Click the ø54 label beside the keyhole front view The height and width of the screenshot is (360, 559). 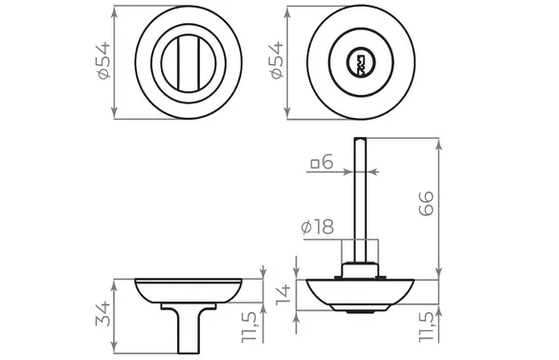[x=277, y=60]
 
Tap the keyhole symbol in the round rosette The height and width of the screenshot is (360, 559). [x=361, y=63]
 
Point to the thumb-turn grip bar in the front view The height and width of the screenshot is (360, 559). [x=189, y=63]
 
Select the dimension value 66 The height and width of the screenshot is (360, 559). [x=426, y=204]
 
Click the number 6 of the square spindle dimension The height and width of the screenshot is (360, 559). [x=327, y=162]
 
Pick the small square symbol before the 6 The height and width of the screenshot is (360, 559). [x=315, y=164]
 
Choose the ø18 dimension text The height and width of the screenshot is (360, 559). [x=317, y=227]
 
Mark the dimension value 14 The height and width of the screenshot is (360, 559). [x=284, y=295]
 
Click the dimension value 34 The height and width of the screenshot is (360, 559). [x=103, y=314]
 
